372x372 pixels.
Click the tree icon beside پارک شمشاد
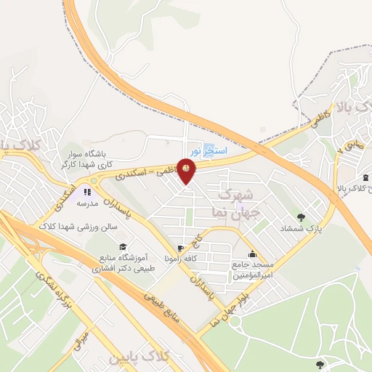300,217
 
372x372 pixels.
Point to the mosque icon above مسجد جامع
251,254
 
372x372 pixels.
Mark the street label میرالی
81,340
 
